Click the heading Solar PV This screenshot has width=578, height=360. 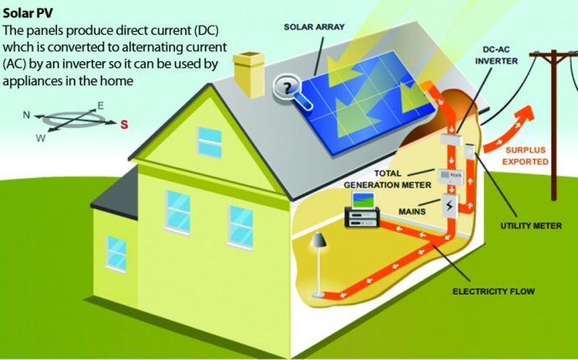tap(28, 13)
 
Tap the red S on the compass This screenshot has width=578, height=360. tap(125, 125)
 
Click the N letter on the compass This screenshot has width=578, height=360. tap(26, 115)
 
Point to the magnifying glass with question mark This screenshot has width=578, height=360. tap(292, 91)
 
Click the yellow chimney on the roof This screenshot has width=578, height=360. tap(249, 74)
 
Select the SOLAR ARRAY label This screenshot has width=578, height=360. tap(314, 27)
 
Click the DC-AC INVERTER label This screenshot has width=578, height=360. tap(496, 55)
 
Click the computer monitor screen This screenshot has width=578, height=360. tap(364, 200)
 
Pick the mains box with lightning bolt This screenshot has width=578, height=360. tap(450, 206)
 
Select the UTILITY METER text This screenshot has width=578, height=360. tap(531, 225)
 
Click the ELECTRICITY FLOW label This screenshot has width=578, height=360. tap(493, 291)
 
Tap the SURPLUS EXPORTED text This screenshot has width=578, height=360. tap(525, 156)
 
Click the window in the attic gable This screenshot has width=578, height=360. tap(209, 141)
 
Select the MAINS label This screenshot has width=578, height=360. tap(412, 212)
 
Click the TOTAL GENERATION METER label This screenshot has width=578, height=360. tap(387, 179)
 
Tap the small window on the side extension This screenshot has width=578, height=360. tap(116, 254)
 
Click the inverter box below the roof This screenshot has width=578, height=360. tap(451, 140)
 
